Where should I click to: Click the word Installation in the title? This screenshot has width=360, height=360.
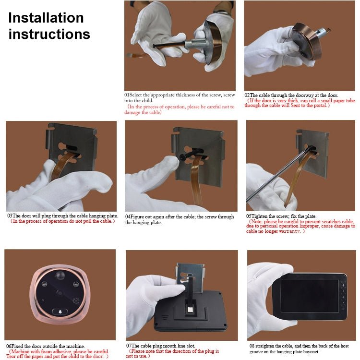pos(46,18)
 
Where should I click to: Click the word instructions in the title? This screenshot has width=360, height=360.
pos(49,34)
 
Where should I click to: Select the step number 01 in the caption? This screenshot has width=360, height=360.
pos(127,95)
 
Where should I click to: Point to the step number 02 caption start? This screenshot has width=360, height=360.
pos(247,95)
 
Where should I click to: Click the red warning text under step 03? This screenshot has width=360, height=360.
pos(62,221)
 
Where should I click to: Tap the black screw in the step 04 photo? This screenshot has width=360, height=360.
pos(185,156)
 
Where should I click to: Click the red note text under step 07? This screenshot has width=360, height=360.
pos(173,354)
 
